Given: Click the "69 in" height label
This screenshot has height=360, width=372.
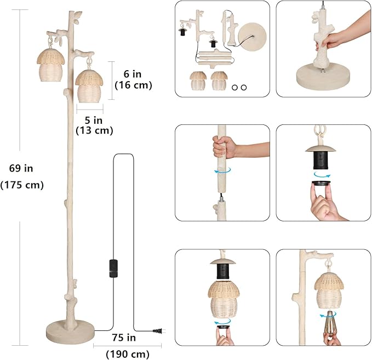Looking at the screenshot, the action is [x=21, y=168].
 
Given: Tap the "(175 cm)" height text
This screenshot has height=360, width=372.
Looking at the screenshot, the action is [x=22, y=185].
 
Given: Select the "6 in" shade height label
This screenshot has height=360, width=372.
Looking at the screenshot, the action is [x=133, y=75].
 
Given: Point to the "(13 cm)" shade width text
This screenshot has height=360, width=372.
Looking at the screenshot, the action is [x=94, y=131].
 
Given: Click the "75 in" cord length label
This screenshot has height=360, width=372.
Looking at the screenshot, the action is [x=124, y=338].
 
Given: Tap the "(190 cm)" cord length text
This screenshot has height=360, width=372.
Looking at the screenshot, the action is [x=128, y=355].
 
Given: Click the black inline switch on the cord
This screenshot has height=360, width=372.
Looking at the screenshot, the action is [x=113, y=268].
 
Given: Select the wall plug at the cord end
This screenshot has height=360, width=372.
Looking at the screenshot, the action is [x=159, y=331].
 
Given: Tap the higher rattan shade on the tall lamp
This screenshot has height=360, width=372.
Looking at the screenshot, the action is [x=50, y=65].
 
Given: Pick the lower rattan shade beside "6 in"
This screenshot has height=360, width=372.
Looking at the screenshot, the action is [x=89, y=86].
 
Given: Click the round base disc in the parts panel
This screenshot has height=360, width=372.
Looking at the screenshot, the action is [x=252, y=36].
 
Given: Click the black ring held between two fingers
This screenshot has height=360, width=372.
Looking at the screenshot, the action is [x=321, y=182].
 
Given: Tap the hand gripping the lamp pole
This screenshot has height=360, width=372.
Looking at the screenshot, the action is [x=224, y=147].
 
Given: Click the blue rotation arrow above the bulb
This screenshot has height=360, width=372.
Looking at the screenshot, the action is [x=328, y=315].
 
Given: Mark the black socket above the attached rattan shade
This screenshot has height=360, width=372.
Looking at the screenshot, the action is [x=223, y=272].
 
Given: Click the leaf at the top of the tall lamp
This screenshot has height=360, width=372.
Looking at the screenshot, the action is [x=77, y=14].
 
